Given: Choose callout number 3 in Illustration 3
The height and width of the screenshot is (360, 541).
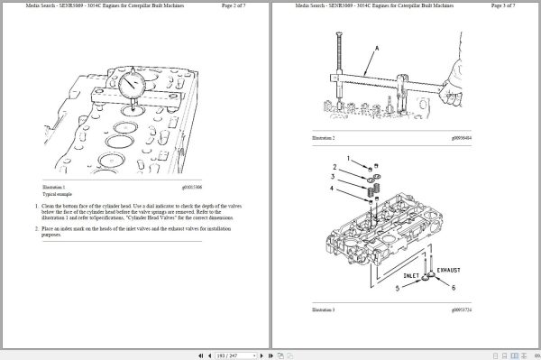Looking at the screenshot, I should pyautogui.click(x=334, y=178).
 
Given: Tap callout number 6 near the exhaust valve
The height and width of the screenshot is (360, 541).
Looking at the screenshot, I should pyautogui.click(x=453, y=288).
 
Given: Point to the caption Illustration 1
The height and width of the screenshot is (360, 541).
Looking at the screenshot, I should pyautogui.click(x=55, y=188).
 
